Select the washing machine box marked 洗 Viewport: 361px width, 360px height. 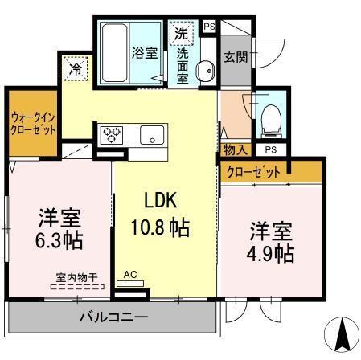coord(182,34)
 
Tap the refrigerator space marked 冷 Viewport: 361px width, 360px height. coord(75,68)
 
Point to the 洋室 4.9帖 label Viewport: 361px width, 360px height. coord(270,241)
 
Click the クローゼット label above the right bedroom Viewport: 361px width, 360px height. coord(254,172)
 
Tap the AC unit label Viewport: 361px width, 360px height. coord(131,275)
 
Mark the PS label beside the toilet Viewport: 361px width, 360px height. coord(270,150)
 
